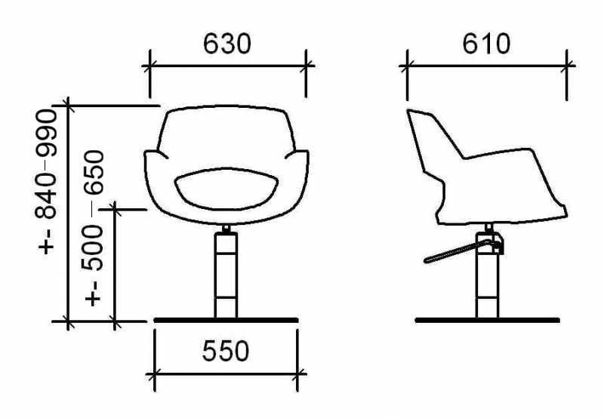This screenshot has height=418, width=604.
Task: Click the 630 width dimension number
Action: pyautogui.click(x=227, y=44)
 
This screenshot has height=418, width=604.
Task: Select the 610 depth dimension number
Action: pyautogui.click(x=486, y=44)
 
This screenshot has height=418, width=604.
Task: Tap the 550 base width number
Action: pyautogui.click(x=226, y=351)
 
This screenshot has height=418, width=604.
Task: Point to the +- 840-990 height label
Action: pyautogui.click(x=46, y=182)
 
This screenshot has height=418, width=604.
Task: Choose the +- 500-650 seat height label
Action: pyautogui.click(x=93, y=228)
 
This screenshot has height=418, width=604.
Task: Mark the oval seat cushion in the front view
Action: pyautogui.click(x=226, y=189)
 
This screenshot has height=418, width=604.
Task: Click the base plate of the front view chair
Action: pyautogui.click(x=226, y=320)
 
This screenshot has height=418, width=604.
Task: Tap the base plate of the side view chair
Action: pyautogui.click(x=487, y=320)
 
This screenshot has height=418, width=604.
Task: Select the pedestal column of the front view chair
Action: pyautogui.click(x=226, y=275)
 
